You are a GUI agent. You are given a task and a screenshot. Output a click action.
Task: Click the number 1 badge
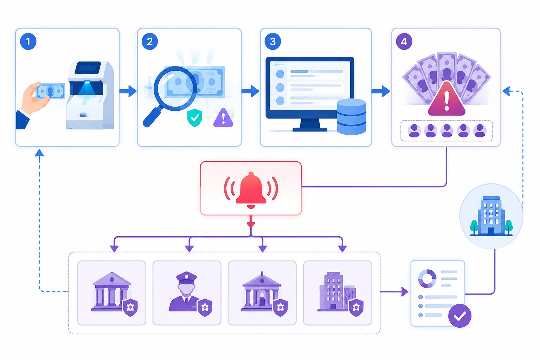28,41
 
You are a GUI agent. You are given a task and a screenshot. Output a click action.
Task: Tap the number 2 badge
150,41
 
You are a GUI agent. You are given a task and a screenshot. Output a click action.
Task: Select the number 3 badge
273,41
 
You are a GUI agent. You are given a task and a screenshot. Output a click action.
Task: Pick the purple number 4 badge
404,41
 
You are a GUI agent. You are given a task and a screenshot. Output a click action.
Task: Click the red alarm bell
251,190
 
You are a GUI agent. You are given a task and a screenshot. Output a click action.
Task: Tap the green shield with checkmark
195,117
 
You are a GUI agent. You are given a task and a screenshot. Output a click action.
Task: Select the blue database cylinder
352,116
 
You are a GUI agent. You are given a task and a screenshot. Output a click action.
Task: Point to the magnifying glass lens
175,89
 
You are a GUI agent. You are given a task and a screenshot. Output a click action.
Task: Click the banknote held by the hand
50,91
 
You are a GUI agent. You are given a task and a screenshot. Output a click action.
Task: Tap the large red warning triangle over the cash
446,99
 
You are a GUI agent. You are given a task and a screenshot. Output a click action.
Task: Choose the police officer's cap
186,277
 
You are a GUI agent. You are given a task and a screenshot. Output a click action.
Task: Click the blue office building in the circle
491,216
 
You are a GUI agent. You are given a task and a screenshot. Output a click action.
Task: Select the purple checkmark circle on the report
460,316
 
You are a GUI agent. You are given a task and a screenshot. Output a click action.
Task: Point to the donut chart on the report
427,278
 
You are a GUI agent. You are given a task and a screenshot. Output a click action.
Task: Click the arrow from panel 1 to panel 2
128,91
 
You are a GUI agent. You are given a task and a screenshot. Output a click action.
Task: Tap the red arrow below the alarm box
251,221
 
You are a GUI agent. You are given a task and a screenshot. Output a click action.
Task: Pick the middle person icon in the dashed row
447,130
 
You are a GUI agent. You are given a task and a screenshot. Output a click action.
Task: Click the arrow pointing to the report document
394,292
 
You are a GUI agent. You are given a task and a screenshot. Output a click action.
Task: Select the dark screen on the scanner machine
88,68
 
